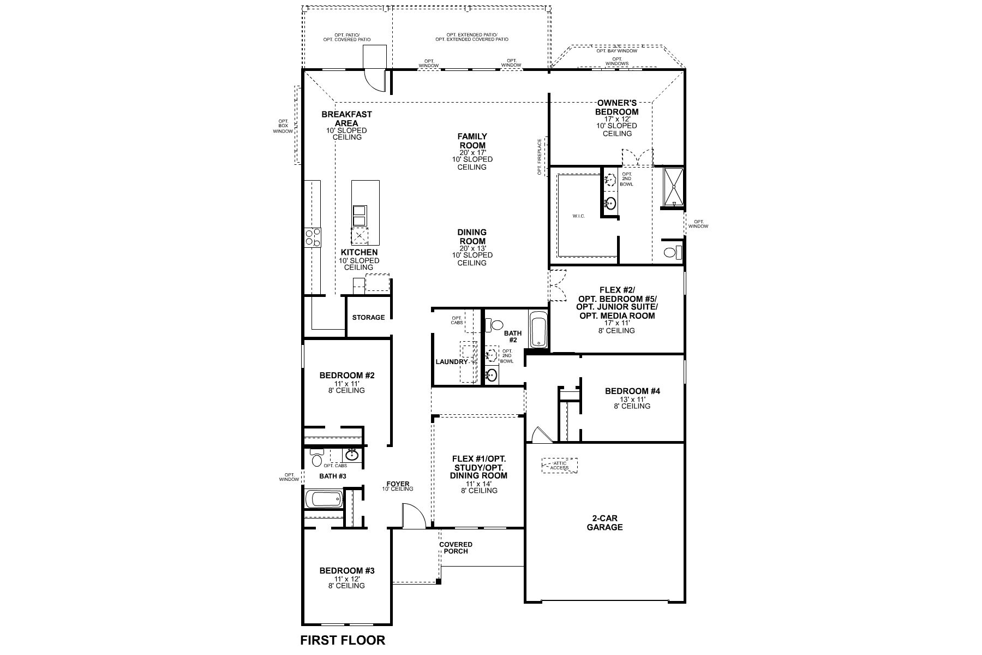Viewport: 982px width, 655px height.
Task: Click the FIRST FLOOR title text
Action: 343,640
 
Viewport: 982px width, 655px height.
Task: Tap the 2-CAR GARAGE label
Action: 604,523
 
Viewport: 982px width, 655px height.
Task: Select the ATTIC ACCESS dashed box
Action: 559,466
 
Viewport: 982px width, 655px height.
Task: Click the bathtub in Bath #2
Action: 538,329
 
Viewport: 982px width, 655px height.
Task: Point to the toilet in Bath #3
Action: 316,458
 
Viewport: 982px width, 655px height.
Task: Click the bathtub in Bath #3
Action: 324,499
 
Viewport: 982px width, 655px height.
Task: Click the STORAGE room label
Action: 368,317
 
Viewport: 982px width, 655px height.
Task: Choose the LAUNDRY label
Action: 452,362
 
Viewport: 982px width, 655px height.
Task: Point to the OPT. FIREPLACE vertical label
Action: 540,157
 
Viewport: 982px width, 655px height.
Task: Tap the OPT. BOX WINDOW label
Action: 283,126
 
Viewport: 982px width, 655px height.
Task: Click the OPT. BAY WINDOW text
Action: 616,51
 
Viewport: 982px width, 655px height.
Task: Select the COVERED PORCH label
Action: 456,547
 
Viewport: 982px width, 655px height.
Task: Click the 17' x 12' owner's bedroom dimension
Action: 616,119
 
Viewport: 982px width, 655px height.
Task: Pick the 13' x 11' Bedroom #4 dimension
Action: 633,399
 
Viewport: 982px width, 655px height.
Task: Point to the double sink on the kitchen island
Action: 360,215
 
